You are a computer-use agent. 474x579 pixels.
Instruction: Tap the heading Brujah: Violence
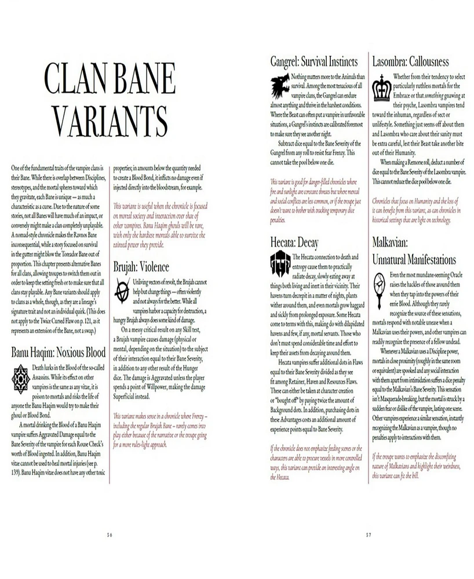pyautogui.click(x=141, y=267)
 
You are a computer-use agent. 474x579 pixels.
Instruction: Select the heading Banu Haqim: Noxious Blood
pyautogui.click(x=58, y=352)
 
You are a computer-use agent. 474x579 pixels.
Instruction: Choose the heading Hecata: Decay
pyautogui.click(x=294, y=241)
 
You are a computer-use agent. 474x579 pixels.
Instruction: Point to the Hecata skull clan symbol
pyautogui.click(x=280, y=264)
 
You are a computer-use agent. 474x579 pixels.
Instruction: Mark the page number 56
pyautogui.click(x=110, y=534)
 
